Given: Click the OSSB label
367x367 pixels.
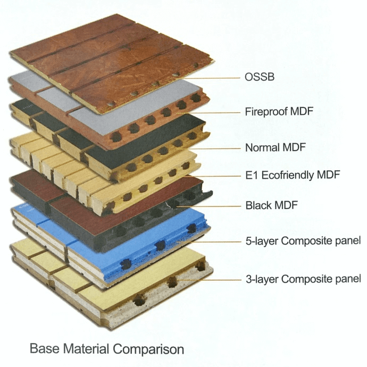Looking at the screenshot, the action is tap(260, 77).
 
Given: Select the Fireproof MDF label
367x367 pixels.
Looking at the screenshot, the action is tap(279, 111).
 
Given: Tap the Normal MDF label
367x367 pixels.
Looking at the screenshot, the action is tap(276, 147).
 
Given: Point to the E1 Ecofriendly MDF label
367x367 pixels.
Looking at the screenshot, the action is tap(293, 175).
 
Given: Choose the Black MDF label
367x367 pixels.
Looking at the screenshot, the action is tap(271, 205).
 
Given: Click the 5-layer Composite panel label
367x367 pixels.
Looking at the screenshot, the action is tap(303, 241).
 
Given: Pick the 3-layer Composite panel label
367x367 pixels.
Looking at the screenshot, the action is tap(303, 279).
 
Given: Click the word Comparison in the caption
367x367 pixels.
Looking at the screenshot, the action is tap(148, 349).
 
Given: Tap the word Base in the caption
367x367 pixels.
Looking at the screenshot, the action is tap(45, 348).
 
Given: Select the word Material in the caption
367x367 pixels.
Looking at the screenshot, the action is tap(86, 348).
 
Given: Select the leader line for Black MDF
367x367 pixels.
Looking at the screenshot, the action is tap(208, 206).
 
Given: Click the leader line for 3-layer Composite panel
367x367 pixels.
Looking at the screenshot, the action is tap(208, 280).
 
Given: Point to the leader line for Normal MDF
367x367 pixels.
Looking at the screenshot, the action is tap(209, 148).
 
